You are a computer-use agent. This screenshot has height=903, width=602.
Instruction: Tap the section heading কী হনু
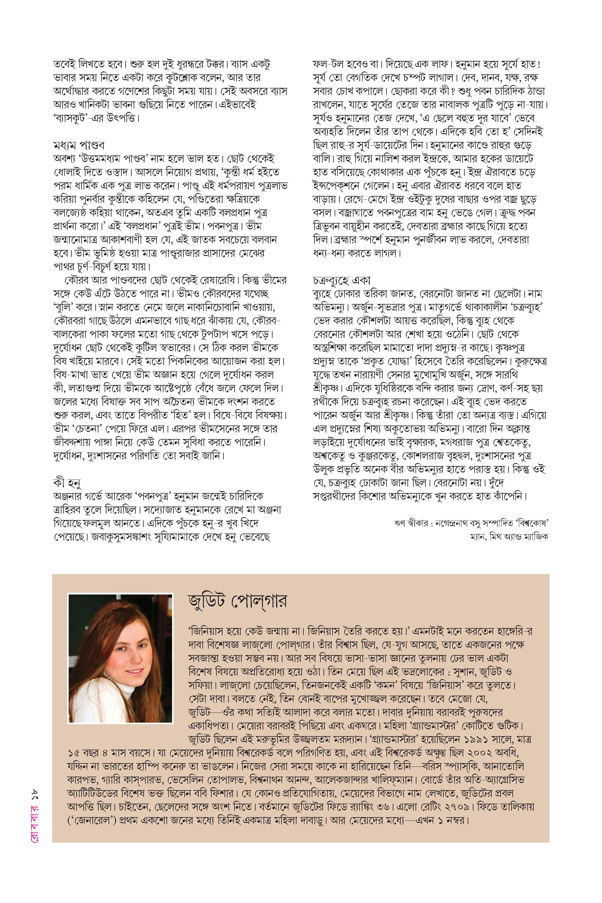click(67, 482)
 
